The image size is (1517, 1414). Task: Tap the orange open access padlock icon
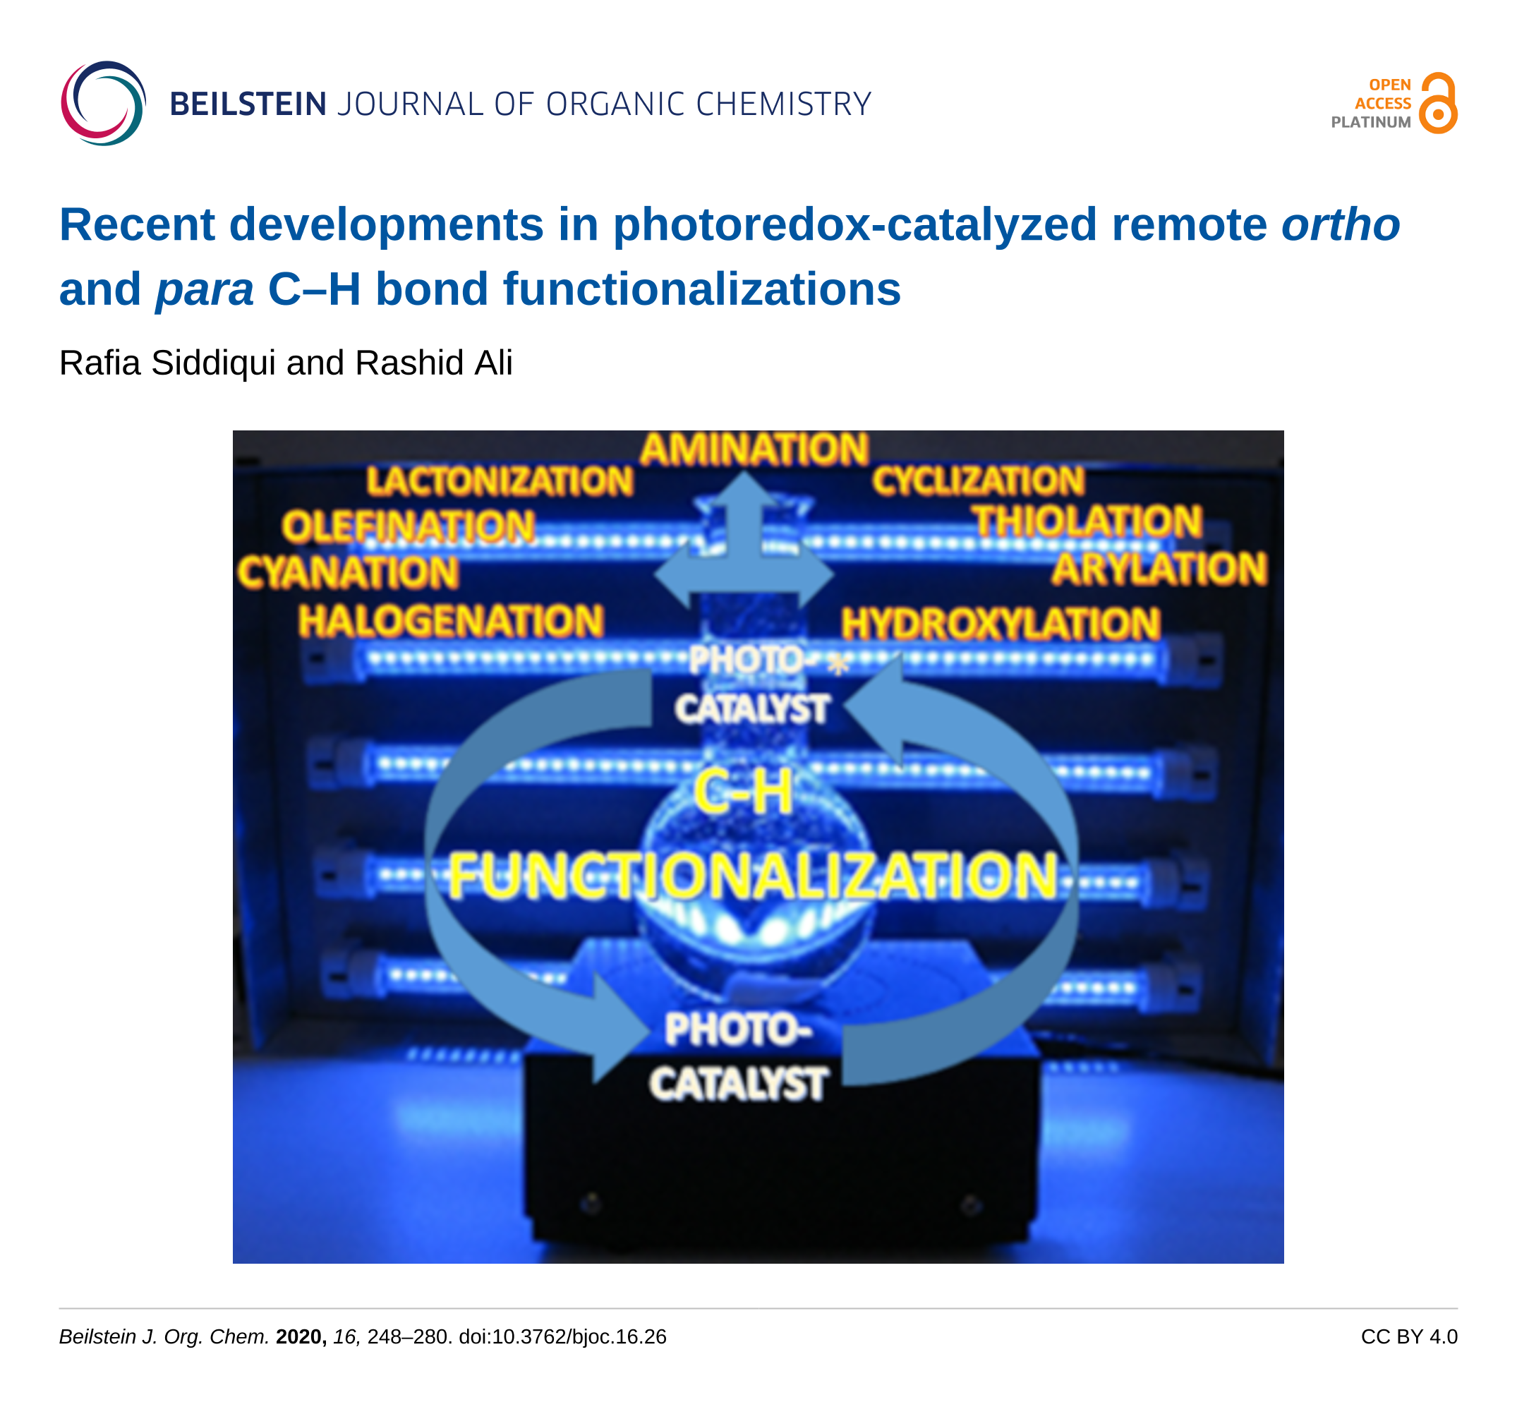pyautogui.click(x=1438, y=103)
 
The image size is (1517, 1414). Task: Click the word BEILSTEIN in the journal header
pyautogui.click(x=248, y=104)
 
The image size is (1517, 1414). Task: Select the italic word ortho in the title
pyautogui.click(x=1340, y=224)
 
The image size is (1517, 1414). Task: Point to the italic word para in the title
pyautogui.click(x=205, y=289)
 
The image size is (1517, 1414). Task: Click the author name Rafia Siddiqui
pyautogui.click(x=167, y=363)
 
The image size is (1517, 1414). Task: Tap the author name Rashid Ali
pyautogui.click(x=433, y=363)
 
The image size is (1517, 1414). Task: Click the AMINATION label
pyautogui.click(x=754, y=449)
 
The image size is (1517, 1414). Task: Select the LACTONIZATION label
pyautogui.click(x=500, y=481)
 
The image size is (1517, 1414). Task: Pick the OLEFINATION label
pyautogui.click(x=409, y=526)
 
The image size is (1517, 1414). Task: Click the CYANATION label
pyautogui.click(x=348, y=572)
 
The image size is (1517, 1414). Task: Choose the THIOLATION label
pyautogui.click(x=1087, y=522)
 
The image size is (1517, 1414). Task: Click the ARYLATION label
pyautogui.click(x=1159, y=569)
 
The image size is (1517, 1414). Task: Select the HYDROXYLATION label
pyautogui.click(x=1001, y=624)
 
